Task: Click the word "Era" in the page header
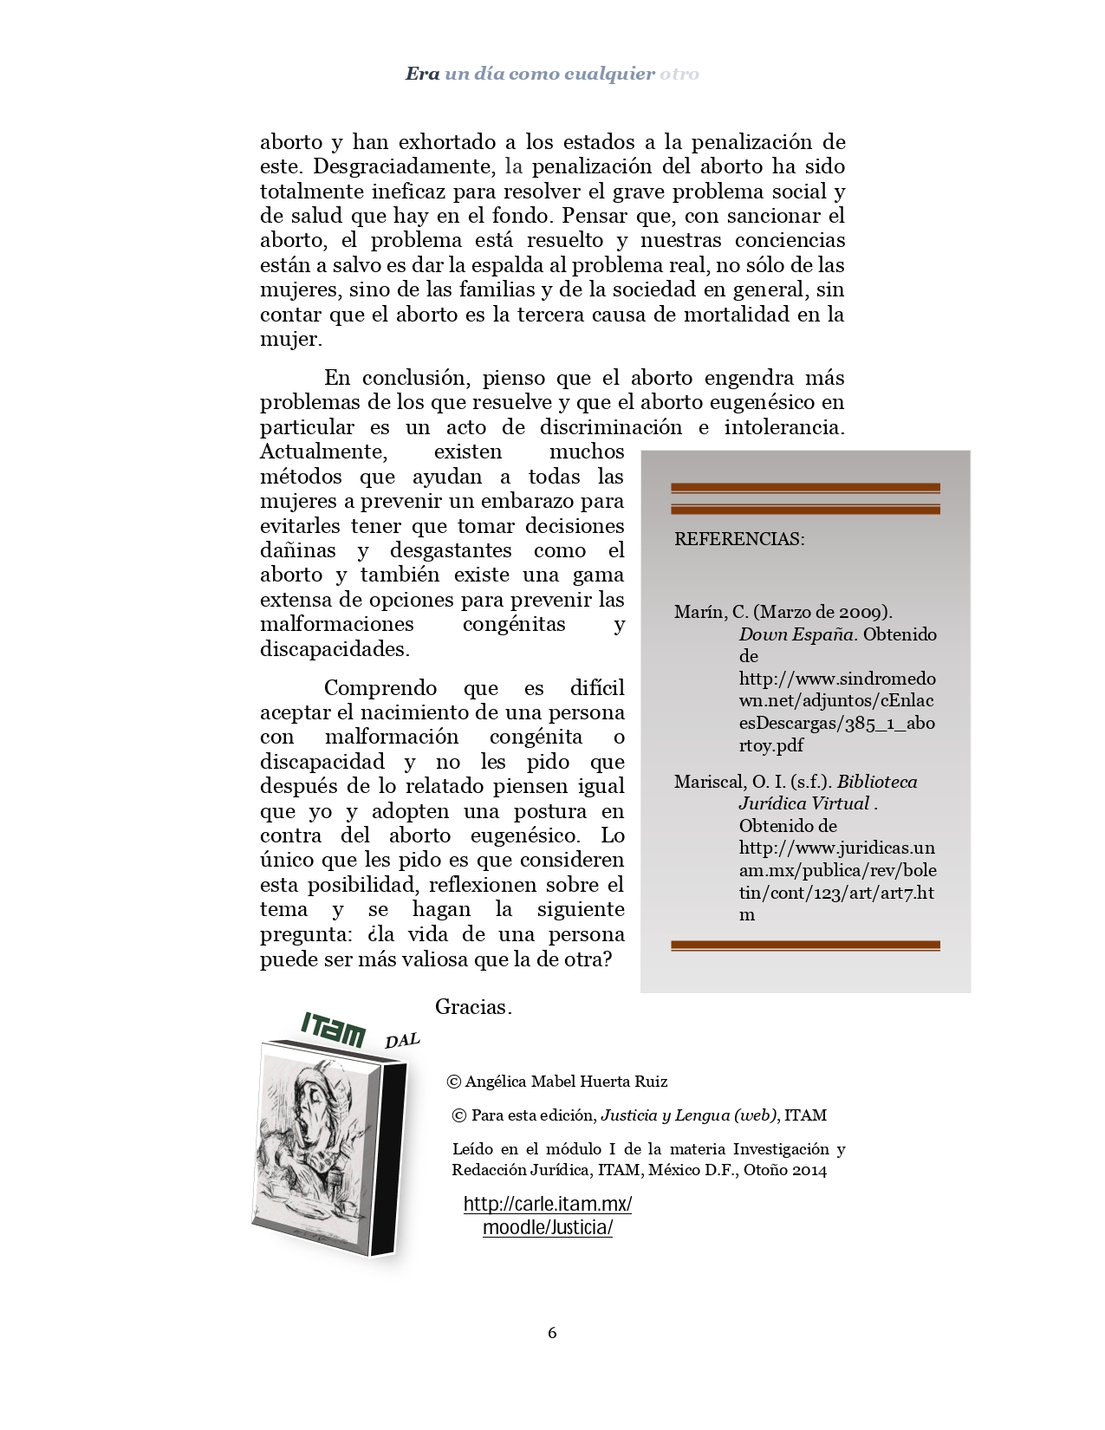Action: [x=422, y=74]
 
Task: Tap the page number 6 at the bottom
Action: [x=552, y=1333]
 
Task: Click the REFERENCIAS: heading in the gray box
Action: [x=739, y=539]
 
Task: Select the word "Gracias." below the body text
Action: [x=473, y=1007]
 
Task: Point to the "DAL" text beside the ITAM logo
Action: [x=401, y=1040]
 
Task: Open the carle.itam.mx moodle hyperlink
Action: [x=548, y=1215]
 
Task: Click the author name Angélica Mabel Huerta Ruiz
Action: [x=566, y=1082]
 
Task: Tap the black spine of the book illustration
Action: [x=387, y=1161]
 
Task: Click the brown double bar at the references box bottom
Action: [x=805, y=946]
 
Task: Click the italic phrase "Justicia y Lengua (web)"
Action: [x=689, y=1115]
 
